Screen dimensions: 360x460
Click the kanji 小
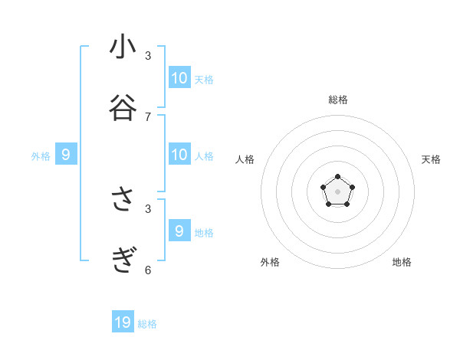click(123, 47)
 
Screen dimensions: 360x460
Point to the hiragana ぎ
click(123, 260)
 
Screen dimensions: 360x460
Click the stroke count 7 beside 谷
click(148, 117)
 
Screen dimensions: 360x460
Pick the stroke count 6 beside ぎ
click(148, 270)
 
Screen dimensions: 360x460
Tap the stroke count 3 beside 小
click(148, 56)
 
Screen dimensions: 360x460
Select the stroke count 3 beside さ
click(148, 208)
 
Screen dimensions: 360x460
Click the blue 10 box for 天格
click(179, 77)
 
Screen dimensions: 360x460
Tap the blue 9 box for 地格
click(179, 231)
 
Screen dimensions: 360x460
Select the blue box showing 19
click(123, 322)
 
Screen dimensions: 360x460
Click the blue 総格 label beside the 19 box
click(147, 324)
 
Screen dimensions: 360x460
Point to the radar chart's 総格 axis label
click(337, 100)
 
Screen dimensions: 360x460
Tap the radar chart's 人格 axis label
click(245, 159)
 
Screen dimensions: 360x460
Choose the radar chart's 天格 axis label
click(431, 159)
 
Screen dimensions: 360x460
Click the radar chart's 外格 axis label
click(270, 262)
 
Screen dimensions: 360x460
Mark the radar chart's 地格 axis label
click(402, 262)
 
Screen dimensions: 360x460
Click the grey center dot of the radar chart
click(337, 191)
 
